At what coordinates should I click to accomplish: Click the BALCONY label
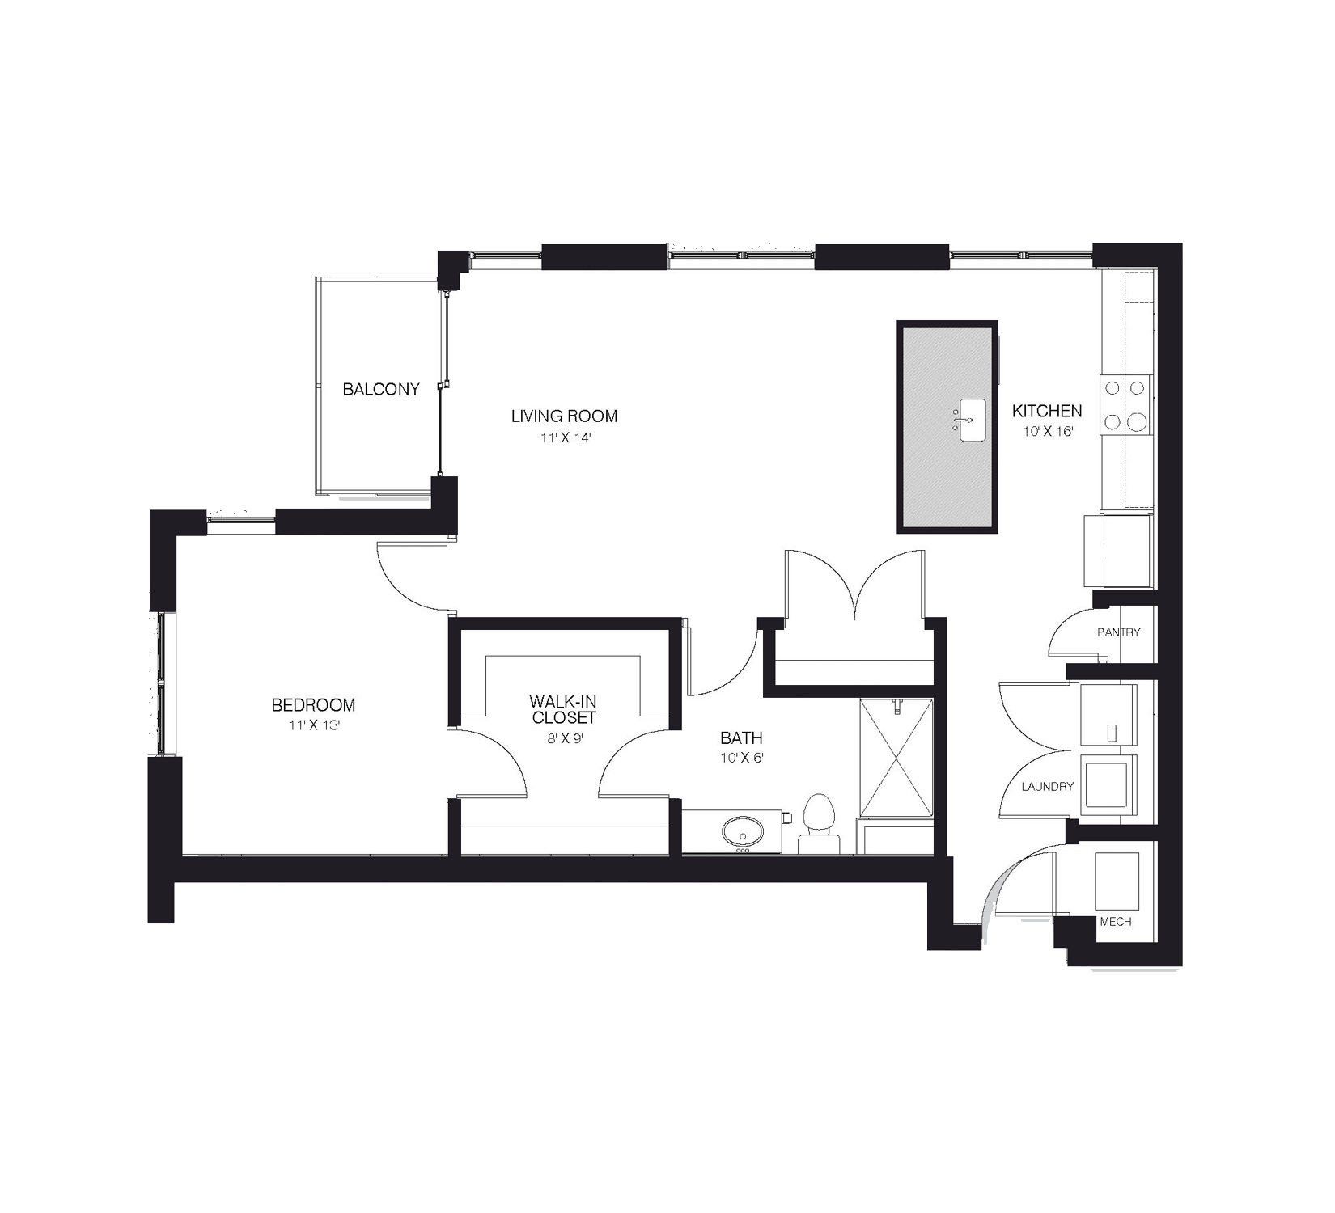tap(381, 390)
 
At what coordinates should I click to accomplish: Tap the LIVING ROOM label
tap(564, 416)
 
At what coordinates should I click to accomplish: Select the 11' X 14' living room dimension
tap(564, 438)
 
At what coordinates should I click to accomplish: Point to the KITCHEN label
tap(1046, 411)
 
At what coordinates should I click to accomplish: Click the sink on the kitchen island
tap(972, 421)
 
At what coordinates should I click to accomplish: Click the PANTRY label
tap(1118, 632)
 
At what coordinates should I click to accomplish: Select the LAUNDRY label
tap(1047, 787)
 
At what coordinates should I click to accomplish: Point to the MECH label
tap(1115, 922)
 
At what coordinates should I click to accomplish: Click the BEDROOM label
tap(313, 705)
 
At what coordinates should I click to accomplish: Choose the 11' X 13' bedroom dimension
tap(313, 726)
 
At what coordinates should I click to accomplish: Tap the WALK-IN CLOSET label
tap(564, 709)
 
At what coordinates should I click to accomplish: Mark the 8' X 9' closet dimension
tap(564, 738)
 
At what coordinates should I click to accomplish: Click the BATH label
tap(741, 738)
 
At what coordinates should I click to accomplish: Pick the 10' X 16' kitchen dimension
tap(1047, 432)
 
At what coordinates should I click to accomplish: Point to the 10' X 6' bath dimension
tap(741, 759)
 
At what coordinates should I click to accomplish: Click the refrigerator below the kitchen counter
tap(1117, 551)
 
